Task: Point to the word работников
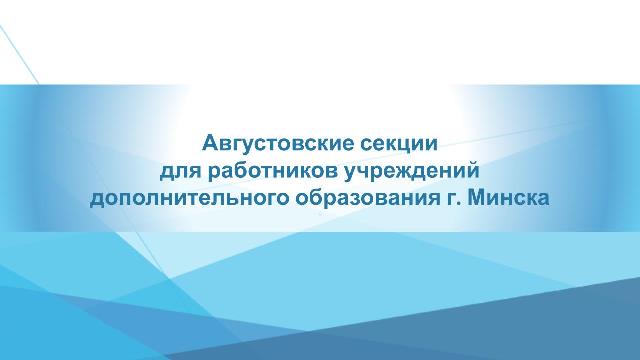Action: (272, 171)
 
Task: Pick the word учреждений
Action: (411, 171)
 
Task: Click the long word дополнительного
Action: (189, 199)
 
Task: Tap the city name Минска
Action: (508, 198)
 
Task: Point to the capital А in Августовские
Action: (210, 143)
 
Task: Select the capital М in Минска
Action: (476, 198)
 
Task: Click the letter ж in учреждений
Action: (399, 172)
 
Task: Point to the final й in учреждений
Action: (473, 171)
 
